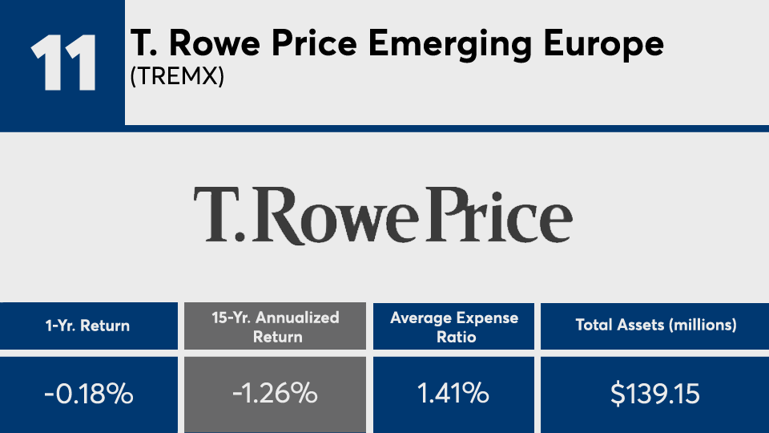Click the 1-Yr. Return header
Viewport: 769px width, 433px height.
tap(88, 326)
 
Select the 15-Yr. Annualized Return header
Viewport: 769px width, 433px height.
tap(276, 326)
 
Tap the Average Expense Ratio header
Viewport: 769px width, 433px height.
tap(454, 326)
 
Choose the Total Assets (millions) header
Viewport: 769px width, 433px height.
tap(655, 326)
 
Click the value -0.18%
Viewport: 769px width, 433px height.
tap(88, 395)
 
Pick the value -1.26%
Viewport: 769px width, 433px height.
tap(276, 395)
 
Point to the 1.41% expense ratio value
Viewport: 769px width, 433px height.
tap(454, 395)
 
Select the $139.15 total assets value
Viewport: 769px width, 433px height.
tap(655, 395)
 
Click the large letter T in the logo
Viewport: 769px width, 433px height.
tap(215, 216)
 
